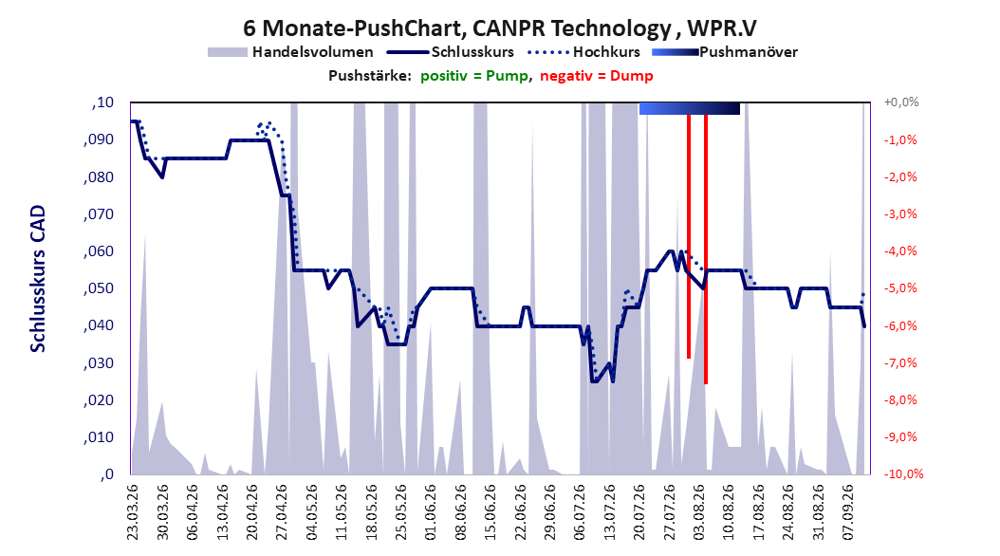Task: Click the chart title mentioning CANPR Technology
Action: pyautogui.click(x=499, y=28)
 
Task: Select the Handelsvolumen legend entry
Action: pyautogui.click(x=290, y=52)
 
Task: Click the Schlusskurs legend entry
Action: pyautogui.click(x=451, y=52)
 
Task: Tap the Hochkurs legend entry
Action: pyautogui.click(x=583, y=52)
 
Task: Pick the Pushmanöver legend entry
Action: pyautogui.click(x=725, y=52)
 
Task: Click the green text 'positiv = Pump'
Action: pyautogui.click(x=474, y=76)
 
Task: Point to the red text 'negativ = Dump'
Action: pyautogui.click(x=597, y=76)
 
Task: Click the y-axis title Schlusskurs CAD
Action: pyautogui.click(x=38, y=279)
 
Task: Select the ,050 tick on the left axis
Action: pyautogui.click(x=99, y=288)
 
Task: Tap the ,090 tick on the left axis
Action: pyautogui.click(x=99, y=139)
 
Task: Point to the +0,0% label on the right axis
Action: pyautogui.click(x=901, y=102)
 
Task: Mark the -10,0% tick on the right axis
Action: pyautogui.click(x=903, y=473)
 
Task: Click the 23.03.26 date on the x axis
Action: pyautogui.click(x=133, y=512)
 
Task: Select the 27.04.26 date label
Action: pyautogui.click(x=282, y=512)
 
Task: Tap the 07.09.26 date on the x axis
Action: pyautogui.click(x=849, y=512)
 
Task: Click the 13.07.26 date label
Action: pyautogui.click(x=610, y=512)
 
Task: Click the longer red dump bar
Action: pyautogui.click(x=706, y=250)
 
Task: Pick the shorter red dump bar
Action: pyautogui.click(x=689, y=236)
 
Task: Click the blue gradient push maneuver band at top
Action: pyautogui.click(x=690, y=108)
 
